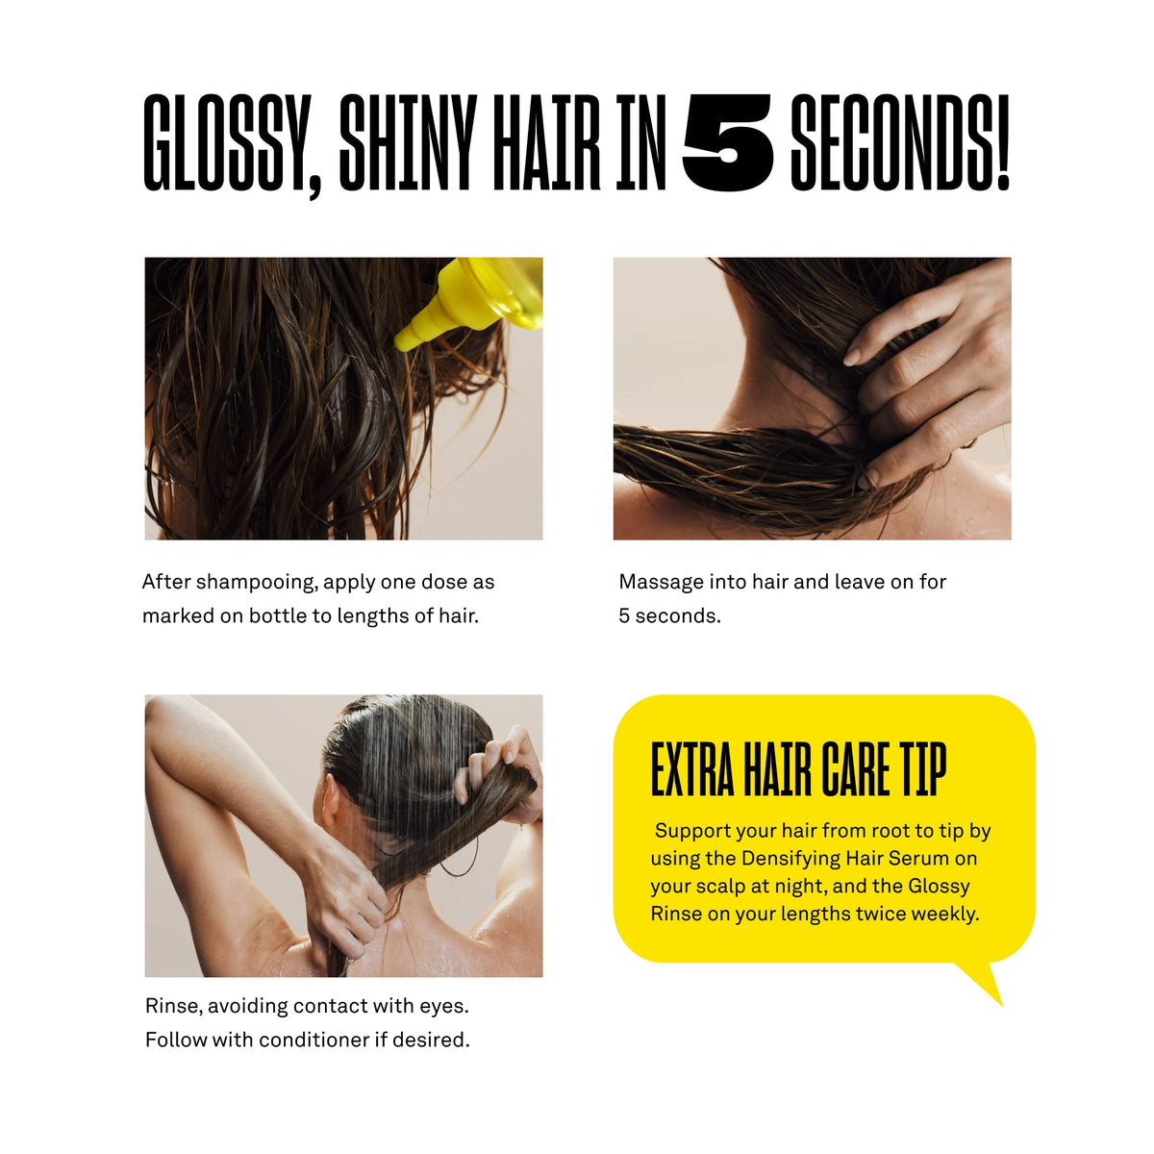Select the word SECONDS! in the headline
coord(900,142)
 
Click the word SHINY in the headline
coord(408,142)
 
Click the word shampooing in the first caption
coord(255,582)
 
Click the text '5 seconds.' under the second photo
coord(669,615)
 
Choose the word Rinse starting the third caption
coord(175,1006)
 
